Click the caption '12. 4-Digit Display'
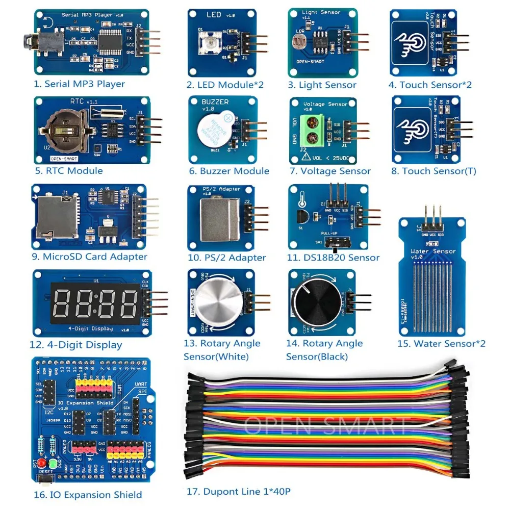[75, 345]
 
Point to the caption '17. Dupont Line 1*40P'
[239, 492]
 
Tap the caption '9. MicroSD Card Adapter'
[89, 257]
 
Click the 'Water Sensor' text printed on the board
[433, 251]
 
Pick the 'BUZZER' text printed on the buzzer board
[215, 102]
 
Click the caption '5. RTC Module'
[68, 171]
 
